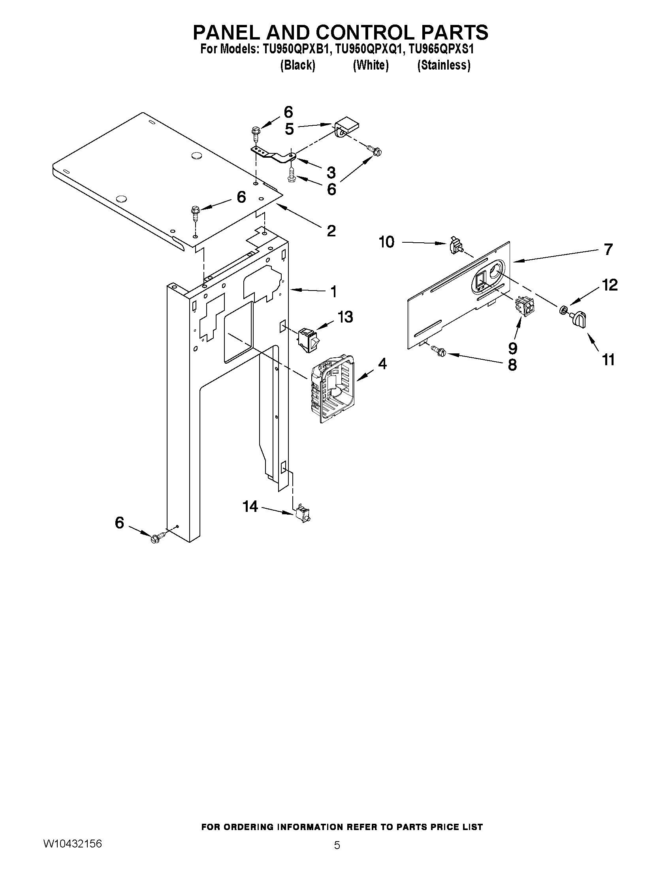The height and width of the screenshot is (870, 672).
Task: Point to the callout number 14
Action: click(250, 507)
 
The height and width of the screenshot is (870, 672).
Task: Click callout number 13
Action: click(345, 317)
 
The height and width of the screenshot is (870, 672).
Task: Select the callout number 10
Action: click(386, 242)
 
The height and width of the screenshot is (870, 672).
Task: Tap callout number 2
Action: click(331, 231)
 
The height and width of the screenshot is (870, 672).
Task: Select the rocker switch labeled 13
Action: click(308, 340)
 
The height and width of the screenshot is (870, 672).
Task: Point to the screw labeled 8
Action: click(440, 351)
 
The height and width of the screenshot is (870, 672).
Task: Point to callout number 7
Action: click(608, 249)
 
